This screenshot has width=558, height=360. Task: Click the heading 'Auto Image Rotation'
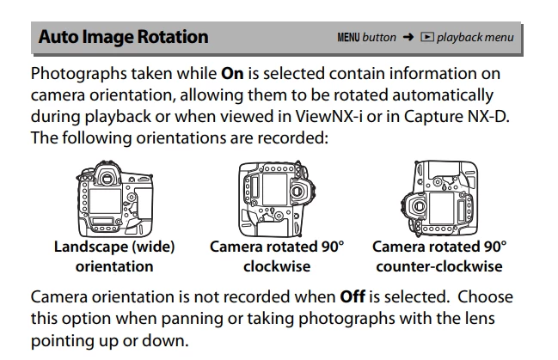(x=123, y=37)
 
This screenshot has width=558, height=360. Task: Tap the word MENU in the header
(x=348, y=37)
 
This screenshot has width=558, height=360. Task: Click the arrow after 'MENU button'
(x=408, y=37)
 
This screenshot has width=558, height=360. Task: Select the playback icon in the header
(x=427, y=37)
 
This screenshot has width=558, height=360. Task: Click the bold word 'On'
(x=232, y=74)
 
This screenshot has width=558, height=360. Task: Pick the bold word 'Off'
(x=353, y=296)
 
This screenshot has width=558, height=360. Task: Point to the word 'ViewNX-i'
(x=328, y=116)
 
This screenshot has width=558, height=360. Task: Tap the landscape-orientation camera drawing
(x=115, y=199)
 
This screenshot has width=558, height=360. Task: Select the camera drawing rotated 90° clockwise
(x=277, y=198)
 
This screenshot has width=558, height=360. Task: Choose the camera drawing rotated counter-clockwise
(x=439, y=198)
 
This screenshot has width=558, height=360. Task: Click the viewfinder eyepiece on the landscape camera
(x=107, y=178)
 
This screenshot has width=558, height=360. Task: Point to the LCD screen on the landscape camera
(x=106, y=201)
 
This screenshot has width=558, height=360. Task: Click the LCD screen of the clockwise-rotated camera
(x=275, y=189)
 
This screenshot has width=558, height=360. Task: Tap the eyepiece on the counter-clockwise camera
(x=419, y=206)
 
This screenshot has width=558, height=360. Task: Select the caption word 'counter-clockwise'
(x=439, y=266)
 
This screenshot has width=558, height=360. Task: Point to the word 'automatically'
(x=443, y=95)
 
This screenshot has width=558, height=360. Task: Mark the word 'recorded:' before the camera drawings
(x=292, y=137)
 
